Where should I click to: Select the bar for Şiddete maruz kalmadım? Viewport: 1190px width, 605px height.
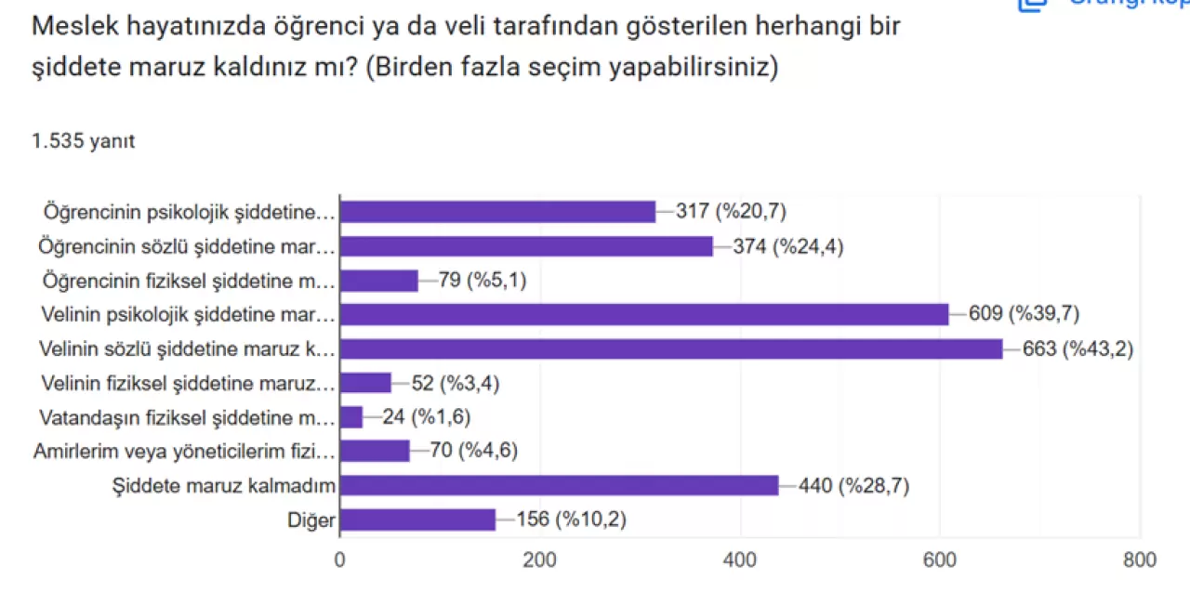[x=559, y=485]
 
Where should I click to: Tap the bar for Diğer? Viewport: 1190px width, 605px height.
[x=417, y=520]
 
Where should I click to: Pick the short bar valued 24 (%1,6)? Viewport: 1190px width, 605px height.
[x=351, y=417]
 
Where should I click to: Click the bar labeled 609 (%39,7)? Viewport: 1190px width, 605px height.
[x=644, y=315]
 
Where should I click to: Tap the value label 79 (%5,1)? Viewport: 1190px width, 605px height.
[x=483, y=281]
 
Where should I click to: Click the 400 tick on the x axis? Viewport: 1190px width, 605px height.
[x=740, y=559]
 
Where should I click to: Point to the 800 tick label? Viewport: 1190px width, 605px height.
[x=1139, y=559]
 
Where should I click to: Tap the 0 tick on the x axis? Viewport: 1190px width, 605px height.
[x=340, y=559]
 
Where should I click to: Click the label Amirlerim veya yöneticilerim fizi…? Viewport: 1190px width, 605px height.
[x=182, y=452]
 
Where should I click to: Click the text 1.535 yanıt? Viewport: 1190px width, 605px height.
[x=84, y=141]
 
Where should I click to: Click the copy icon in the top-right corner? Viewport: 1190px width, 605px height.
[x=1033, y=4]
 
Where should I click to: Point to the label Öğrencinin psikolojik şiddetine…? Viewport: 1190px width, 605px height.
[x=188, y=212]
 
